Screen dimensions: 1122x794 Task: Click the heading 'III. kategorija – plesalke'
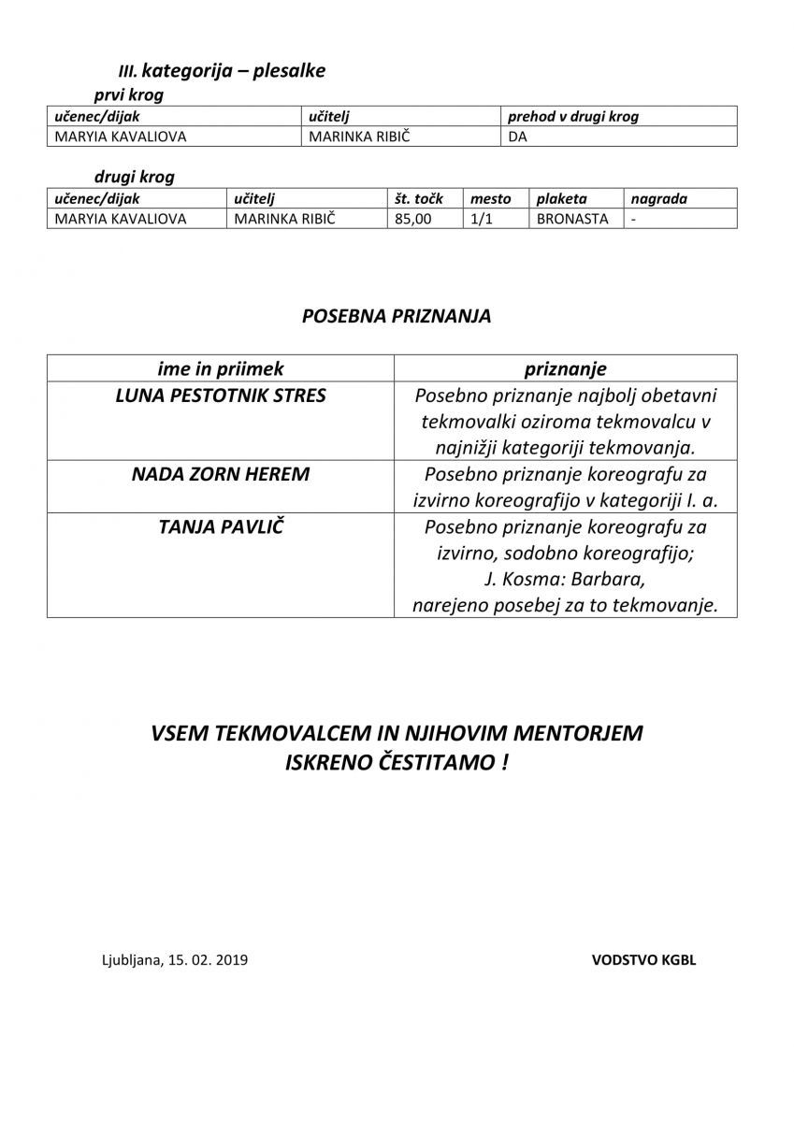point(222,71)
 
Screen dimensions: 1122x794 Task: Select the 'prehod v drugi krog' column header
point(573,117)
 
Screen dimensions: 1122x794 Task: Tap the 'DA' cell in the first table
point(517,137)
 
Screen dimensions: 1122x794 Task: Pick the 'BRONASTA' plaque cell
point(572,219)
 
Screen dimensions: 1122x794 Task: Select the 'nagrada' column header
point(658,198)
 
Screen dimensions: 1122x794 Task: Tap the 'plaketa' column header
point(561,198)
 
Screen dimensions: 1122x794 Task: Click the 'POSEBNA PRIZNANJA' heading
point(397,316)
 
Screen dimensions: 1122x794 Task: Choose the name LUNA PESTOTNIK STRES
point(221,396)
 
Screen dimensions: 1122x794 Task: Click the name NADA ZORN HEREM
point(221,474)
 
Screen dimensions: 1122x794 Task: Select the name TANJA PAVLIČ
point(221,526)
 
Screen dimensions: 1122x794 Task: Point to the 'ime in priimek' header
point(221,369)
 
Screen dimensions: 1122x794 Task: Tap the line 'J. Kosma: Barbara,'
point(565,579)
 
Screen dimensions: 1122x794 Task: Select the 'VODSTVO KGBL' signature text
point(643,959)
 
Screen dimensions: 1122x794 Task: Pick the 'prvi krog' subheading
point(128,95)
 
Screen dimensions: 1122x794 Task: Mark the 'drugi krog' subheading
point(134,177)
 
